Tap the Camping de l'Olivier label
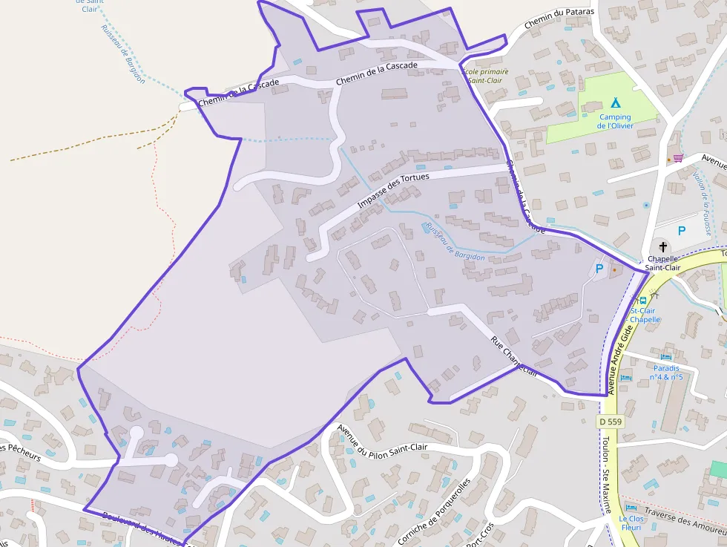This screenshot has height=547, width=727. (x=615, y=122)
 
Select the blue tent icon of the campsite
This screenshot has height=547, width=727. (x=615, y=103)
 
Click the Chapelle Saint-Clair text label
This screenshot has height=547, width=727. (x=662, y=263)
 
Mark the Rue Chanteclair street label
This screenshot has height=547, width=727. (x=514, y=356)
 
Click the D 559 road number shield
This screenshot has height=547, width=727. (x=610, y=422)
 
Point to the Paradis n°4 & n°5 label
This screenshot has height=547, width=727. (x=666, y=372)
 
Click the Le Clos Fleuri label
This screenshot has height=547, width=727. (x=633, y=524)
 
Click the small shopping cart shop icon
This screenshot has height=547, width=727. (x=677, y=158)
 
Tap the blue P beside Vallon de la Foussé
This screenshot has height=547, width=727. (x=681, y=231)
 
